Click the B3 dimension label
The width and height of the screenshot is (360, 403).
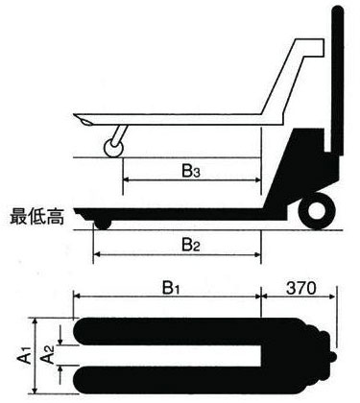click(190, 173)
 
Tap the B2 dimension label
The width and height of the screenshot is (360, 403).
click(190, 245)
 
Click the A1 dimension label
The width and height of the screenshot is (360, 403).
click(21, 357)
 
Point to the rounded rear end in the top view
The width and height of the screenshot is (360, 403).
click(326, 355)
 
